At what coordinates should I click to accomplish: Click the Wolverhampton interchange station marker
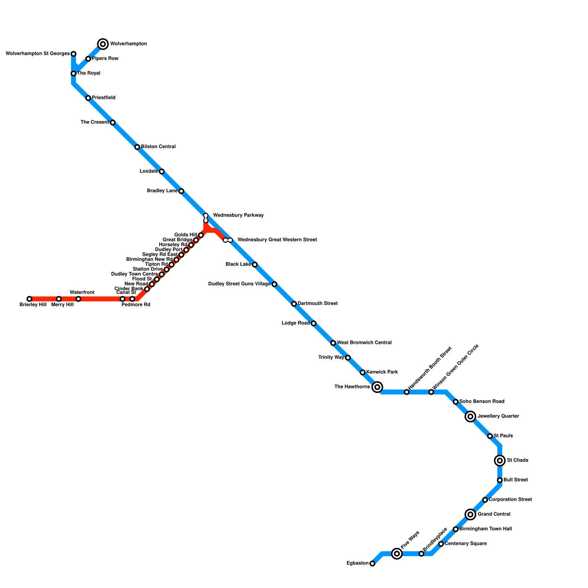(x=103, y=44)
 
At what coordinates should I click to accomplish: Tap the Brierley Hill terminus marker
(x=29, y=299)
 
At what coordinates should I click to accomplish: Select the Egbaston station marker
(x=372, y=563)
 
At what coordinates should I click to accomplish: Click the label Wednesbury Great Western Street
(x=277, y=240)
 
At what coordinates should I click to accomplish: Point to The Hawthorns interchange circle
(x=377, y=387)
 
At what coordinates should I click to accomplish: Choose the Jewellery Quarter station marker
(x=470, y=416)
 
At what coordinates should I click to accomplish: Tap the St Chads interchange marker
(x=500, y=460)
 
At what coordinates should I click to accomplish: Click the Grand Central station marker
(x=470, y=514)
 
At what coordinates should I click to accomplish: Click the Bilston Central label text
(x=158, y=147)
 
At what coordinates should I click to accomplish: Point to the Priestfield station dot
(x=88, y=98)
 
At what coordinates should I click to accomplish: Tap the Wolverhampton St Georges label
(x=38, y=54)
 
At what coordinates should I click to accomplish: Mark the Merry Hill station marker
(x=59, y=299)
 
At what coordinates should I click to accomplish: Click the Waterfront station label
(x=82, y=293)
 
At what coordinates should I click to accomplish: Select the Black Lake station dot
(x=255, y=265)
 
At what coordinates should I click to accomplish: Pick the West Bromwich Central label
(x=364, y=343)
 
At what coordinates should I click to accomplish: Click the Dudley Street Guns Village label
(x=239, y=284)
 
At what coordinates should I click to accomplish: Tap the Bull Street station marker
(x=500, y=480)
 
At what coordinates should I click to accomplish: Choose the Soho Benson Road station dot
(x=456, y=402)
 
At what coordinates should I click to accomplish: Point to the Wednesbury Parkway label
(x=238, y=215)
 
